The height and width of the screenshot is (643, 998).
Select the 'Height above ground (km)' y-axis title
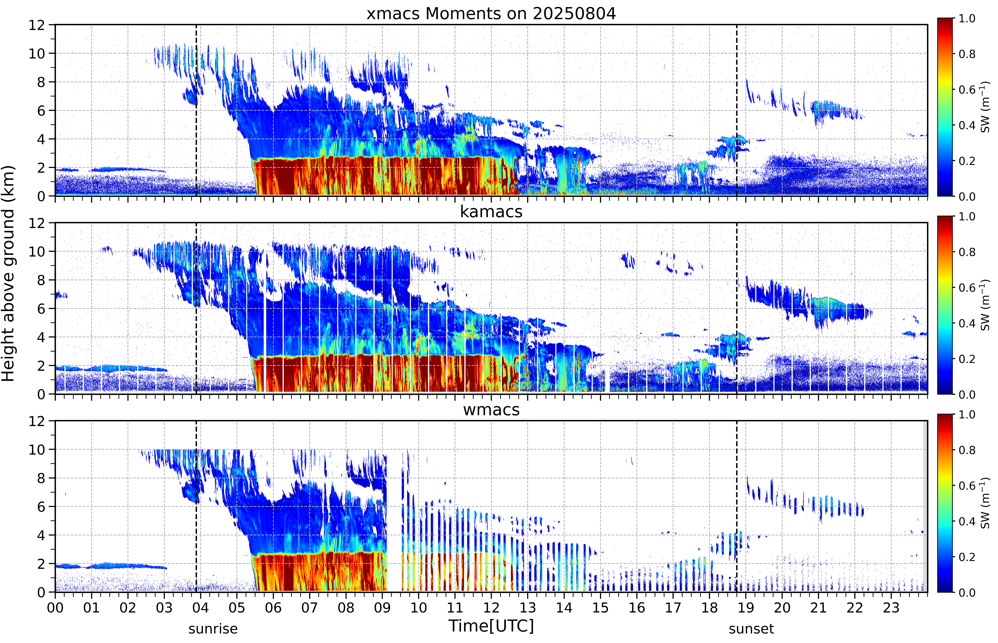coord(8,273)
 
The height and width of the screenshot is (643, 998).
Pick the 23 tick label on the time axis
coord(891,607)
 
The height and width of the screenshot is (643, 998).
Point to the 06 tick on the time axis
coord(273,607)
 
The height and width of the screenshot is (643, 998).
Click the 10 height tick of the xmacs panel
coord(37,53)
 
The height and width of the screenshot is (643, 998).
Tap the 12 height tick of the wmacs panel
coord(37,421)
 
